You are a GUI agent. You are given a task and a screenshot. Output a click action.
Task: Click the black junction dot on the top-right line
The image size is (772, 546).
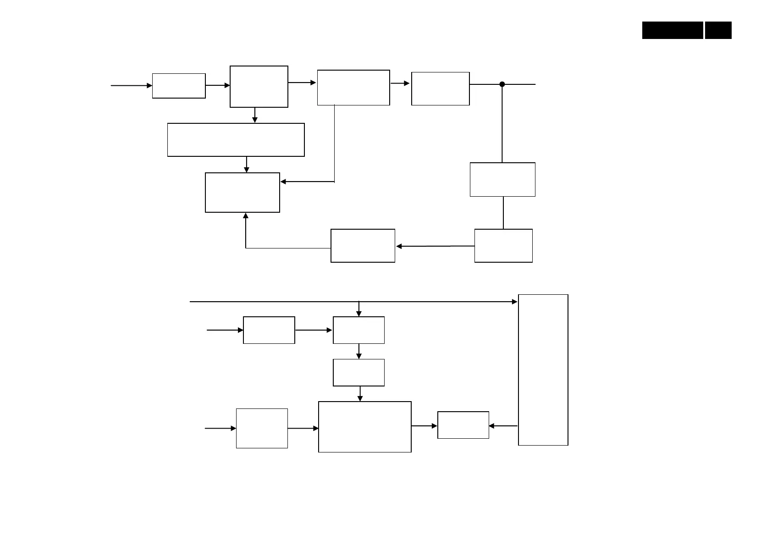point(502,84)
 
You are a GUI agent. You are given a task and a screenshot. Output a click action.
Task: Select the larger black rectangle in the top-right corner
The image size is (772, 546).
point(673,30)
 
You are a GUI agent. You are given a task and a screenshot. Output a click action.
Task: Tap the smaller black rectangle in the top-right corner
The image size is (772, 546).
point(718,30)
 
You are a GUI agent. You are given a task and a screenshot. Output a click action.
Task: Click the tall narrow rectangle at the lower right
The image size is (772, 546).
point(543,370)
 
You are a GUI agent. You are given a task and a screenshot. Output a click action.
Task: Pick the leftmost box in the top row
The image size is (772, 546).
point(179,86)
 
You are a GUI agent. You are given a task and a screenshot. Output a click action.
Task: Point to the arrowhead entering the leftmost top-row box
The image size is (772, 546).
point(149,86)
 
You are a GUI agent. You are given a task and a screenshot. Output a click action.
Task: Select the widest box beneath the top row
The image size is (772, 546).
point(236,140)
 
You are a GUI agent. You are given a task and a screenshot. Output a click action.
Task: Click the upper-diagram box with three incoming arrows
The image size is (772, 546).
point(243,193)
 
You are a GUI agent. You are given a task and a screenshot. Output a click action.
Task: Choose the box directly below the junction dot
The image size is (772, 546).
point(502,180)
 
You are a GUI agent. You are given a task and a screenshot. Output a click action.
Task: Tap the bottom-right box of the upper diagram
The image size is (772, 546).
point(503,246)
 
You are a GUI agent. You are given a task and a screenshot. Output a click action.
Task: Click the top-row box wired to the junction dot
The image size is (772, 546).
point(441,88)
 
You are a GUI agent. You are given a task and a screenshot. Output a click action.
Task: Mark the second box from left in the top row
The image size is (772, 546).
point(259,87)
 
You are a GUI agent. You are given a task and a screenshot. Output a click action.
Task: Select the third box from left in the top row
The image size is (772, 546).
point(353,88)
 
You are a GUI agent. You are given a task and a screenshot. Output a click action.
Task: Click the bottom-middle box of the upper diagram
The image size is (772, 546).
point(363,246)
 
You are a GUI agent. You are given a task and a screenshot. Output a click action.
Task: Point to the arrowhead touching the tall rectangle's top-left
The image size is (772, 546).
point(515,302)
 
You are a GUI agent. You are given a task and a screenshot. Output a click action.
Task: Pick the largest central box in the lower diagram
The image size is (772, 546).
point(365,427)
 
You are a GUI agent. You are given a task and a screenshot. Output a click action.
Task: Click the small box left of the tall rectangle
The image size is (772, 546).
point(463,425)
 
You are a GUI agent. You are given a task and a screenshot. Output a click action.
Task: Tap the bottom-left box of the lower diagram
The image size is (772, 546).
point(262,428)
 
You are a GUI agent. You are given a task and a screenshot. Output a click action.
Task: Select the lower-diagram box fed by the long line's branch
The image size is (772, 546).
point(358,330)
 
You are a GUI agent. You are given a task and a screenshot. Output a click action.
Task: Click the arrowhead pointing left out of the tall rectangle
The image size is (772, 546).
point(491,426)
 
